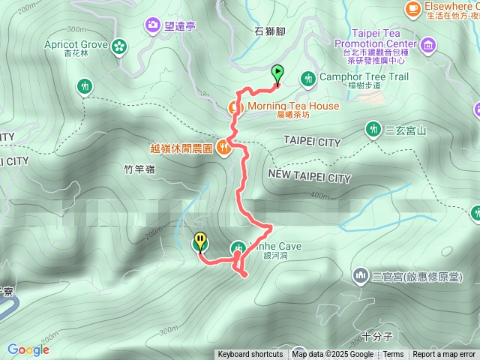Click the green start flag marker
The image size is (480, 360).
click(277, 73)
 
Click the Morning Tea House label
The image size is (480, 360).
click(292, 106)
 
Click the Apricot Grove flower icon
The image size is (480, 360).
click(118, 47)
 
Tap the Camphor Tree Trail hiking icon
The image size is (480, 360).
click(307, 78)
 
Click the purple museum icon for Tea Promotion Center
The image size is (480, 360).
click(427, 45)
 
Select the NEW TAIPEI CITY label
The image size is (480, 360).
click(309, 178)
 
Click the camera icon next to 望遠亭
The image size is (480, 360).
click(154, 26)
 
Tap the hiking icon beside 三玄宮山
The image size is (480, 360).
click(372, 129)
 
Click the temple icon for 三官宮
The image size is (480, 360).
click(361, 277)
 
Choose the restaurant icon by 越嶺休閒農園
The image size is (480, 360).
click(223, 146)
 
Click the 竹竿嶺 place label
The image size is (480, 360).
click(139, 170)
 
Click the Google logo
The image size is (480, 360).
click(28, 349)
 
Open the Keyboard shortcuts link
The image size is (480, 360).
click(250, 355)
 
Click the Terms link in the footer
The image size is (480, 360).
click(394, 355)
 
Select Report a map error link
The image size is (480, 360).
click(444, 355)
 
